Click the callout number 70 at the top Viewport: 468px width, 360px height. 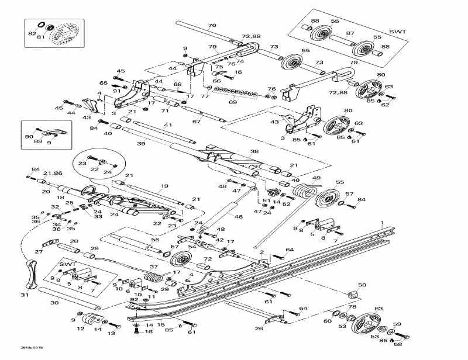click(x=212, y=25)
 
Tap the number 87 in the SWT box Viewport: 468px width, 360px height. click(x=350, y=33)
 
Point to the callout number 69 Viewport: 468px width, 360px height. click(x=233, y=102)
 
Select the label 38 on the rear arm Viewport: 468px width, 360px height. click(x=254, y=151)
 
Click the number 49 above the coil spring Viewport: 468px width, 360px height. click(x=316, y=178)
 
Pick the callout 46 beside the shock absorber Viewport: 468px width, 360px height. click(x=239, y=217)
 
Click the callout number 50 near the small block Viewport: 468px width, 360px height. click(x=362, y=285)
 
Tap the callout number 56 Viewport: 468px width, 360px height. click(x=155, y=240)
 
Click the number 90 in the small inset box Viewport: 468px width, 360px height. click(x=29, y=136)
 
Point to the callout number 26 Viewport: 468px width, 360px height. click(x=259, y=328)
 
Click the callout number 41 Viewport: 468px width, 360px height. click(x=168, y=126)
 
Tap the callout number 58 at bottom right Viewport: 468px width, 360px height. click(x=398, y=344)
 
